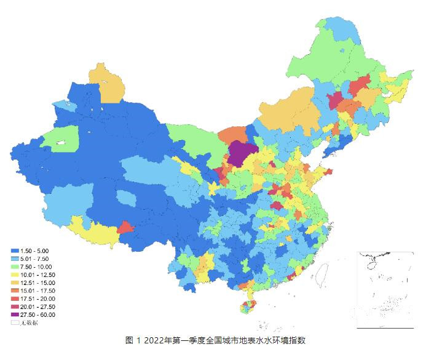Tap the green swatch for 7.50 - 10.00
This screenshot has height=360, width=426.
pyautogui.click(x=14, y=267)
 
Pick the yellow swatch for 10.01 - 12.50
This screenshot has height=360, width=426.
pyautogui.click(x=14, y=275)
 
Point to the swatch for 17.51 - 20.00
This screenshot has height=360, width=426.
pyautogui.click(x=14, y=299)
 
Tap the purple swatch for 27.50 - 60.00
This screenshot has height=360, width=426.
pyautogui.click(x=14, y=314)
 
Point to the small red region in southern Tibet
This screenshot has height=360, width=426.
pyautogui.click(x=126, y=228)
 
